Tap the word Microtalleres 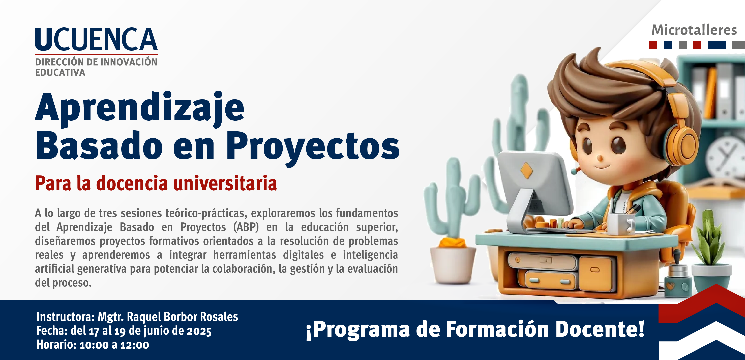[x=694, y=30]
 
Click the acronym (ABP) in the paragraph [x=246, y=227]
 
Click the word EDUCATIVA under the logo [x=60, y=72]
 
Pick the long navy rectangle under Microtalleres [x=717, y=45]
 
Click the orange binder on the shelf [x=711, y=93]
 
